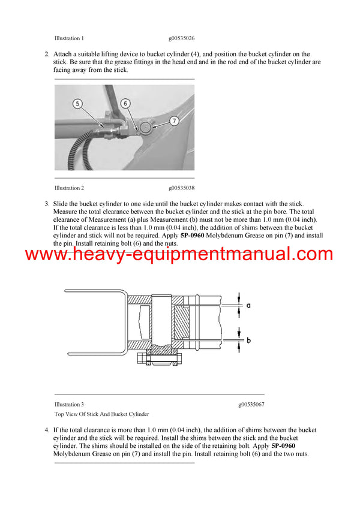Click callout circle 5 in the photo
coord(78,104)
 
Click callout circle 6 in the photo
coord(125,103)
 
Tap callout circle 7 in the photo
coord(174,121)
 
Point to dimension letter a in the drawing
coord(248,305)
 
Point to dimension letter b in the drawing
coord(248,340)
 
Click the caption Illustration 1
coord(69,38)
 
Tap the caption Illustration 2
coord(69,188)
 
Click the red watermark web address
coord(179,254)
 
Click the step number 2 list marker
coord(47,54)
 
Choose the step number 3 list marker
coord(47,204)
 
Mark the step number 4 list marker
coord(47,430)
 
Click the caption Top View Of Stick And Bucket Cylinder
coord(101,414)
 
